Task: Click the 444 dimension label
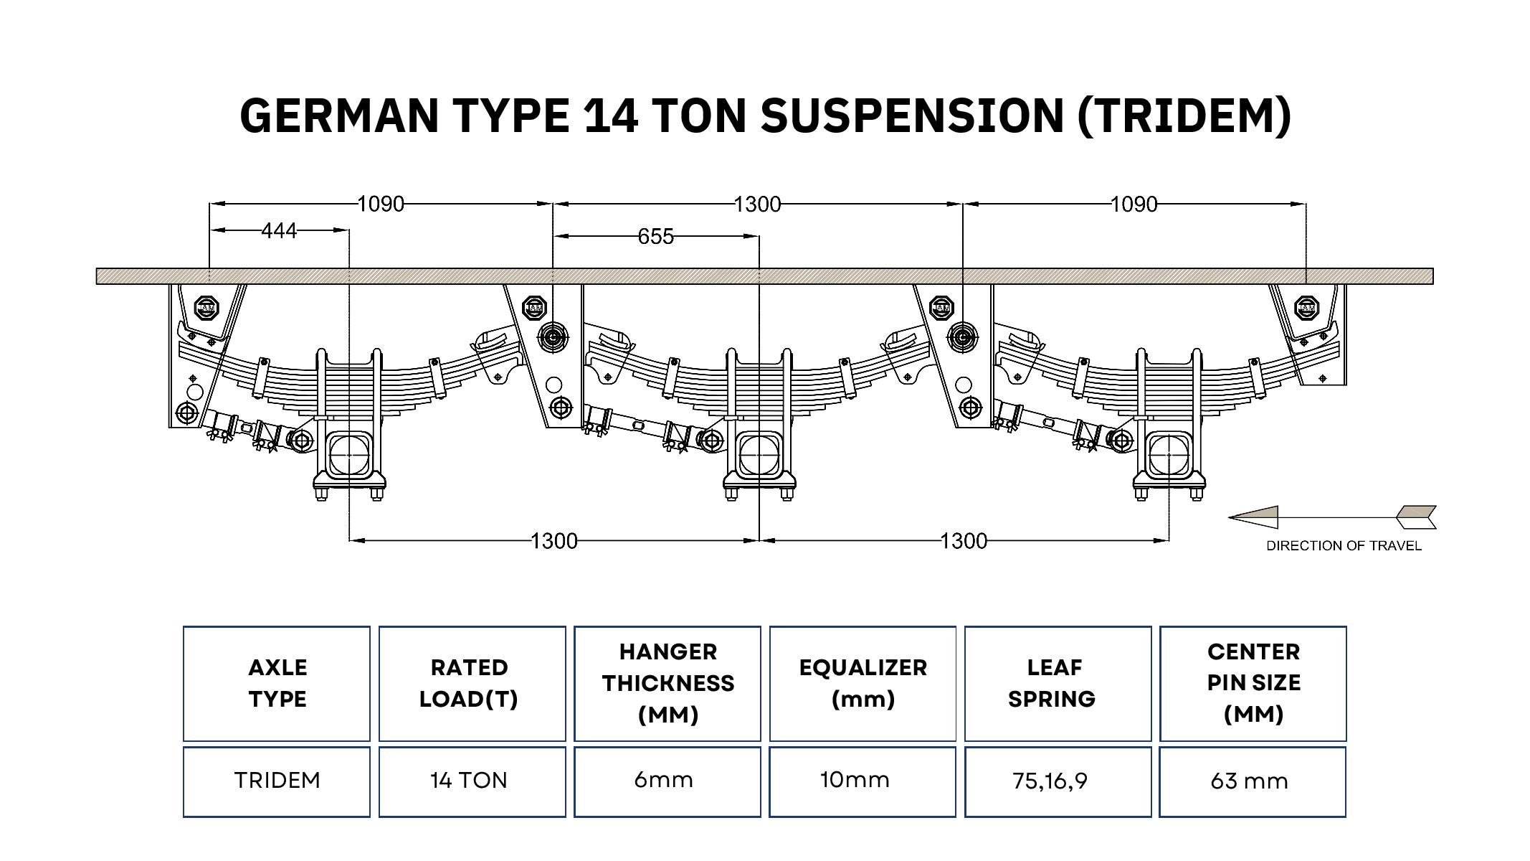[x=279, y=231]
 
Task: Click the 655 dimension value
[x=655, y=237]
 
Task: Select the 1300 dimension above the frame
[x=757, y=204]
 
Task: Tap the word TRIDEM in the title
[x=1184, y=115]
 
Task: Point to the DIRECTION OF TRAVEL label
[x=1344, y=546]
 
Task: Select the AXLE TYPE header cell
[x=277, y=683]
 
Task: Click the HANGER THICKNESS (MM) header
[x=667, y=683]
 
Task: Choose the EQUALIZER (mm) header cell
[x=863, y=683]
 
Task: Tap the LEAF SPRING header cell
[x=1058, y=683]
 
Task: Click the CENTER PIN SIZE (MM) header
[x=1253, y=683]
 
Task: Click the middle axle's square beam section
[x=759, y=454]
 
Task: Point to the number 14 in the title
[x=612, y=115]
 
